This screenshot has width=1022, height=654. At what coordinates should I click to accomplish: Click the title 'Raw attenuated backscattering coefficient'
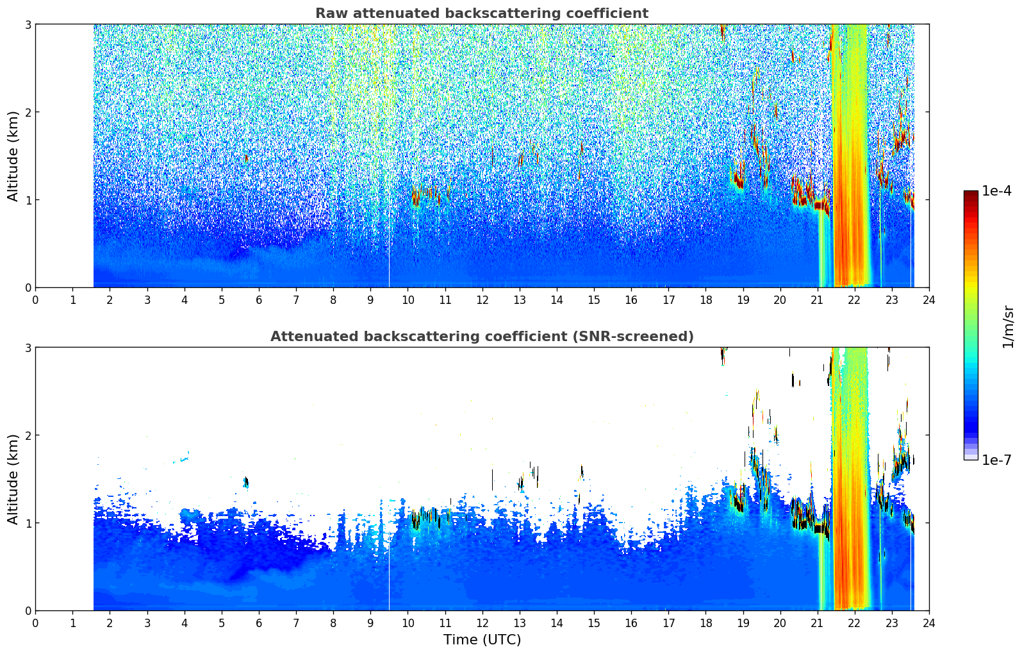(x=482, y=13)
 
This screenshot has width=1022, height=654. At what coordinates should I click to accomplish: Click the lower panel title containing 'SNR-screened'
(x=482, y=336)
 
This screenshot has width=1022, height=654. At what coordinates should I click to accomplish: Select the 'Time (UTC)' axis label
(x=482, y=639)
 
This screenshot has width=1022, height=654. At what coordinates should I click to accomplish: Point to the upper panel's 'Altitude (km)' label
(x=13, y=156)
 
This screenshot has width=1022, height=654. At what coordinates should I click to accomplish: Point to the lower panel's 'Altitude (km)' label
(x=13, y=478)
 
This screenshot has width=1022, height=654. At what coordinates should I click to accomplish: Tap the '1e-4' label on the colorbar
(x=996, y=191)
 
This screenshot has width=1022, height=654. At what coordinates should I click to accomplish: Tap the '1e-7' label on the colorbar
(x=996, y=460)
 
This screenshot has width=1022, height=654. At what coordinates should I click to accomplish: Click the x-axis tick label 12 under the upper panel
(x=482, y=300)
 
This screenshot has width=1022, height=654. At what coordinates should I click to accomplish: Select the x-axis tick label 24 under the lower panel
(x=929, y=623)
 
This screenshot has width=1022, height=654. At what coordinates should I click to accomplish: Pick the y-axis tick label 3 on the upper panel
(x=28, y=24)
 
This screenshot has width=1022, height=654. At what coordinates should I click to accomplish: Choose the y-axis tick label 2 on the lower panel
(x=28, y=435)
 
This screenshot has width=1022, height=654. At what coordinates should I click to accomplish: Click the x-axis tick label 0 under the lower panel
(x=36, y=623)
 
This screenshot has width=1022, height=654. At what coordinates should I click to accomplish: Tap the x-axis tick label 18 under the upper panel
(x=706, y=300)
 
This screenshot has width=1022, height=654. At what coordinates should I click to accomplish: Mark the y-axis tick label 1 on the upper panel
(x=28, y=199)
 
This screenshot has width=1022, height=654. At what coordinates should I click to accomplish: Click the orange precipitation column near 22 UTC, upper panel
(x=850, y=155)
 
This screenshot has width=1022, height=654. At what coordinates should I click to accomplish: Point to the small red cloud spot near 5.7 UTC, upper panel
(x=247, y=158)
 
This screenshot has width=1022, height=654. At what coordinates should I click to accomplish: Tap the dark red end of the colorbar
(x=971, y=194)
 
